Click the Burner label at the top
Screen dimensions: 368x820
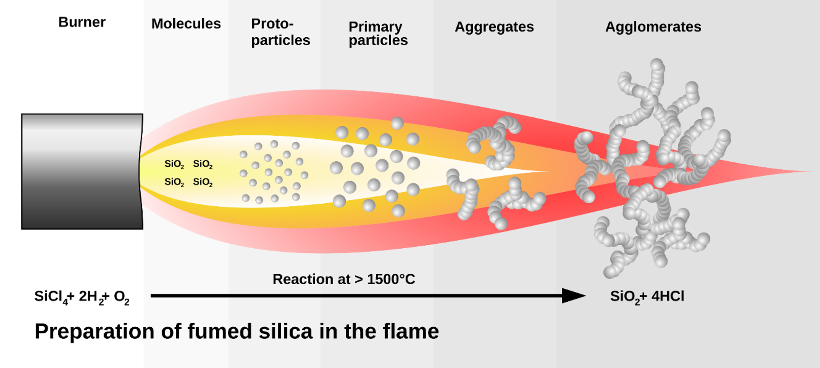pyautogui.click(x=82, y=23)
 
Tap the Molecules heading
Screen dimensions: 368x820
pyautogui.click(x=186, y=24)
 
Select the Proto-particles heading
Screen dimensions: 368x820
pyautogui.click(x=280, y=32)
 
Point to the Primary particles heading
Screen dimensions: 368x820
pyautogui.click(x=378, y=33)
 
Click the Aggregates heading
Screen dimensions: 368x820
pyautogui.click(x=494, y=27)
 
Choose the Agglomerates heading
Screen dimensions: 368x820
pyautogui.click(x=653, y=27)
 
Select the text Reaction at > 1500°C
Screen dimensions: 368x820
pyautogui.click(x=344, y=279)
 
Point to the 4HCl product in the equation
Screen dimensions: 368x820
pyautogui.click(x=667, y=296)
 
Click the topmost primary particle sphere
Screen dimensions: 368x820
pyautogui.click(x=397, y=123)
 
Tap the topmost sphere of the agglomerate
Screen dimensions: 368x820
pyautogui.click(x=657, y=65)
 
